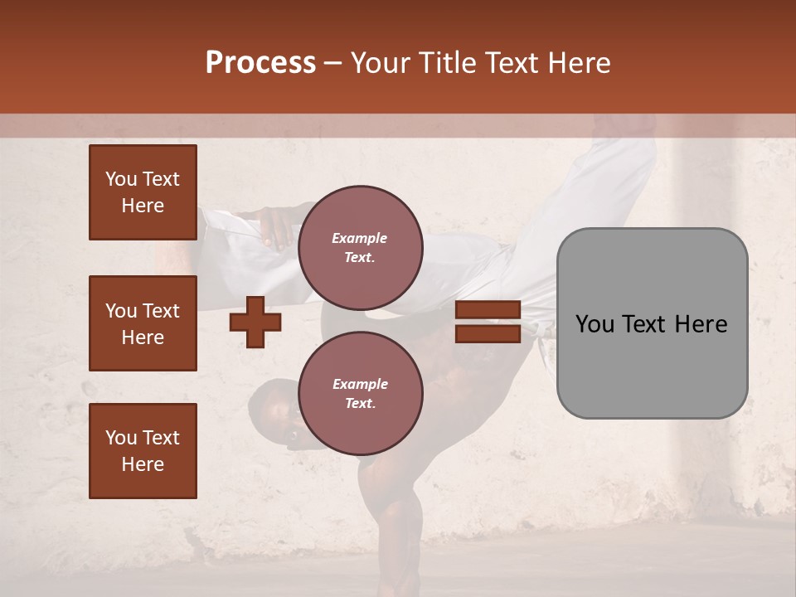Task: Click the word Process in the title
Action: click(260, 63)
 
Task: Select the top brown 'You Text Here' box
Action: click(143, 192)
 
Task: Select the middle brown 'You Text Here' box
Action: click(143, 323)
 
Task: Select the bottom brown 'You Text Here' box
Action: click(143, 451)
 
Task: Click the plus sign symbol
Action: click(255, 322)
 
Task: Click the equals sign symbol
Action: click(488, 322)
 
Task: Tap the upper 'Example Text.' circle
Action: click(360, 247)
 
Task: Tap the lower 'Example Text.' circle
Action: click(360, 393)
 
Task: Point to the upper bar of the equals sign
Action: click(488, 310)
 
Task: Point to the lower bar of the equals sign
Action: click(488, 333)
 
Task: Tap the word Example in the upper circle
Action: click(360, 238)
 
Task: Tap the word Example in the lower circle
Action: click(360, 384)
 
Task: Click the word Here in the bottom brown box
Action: click(143, 464)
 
